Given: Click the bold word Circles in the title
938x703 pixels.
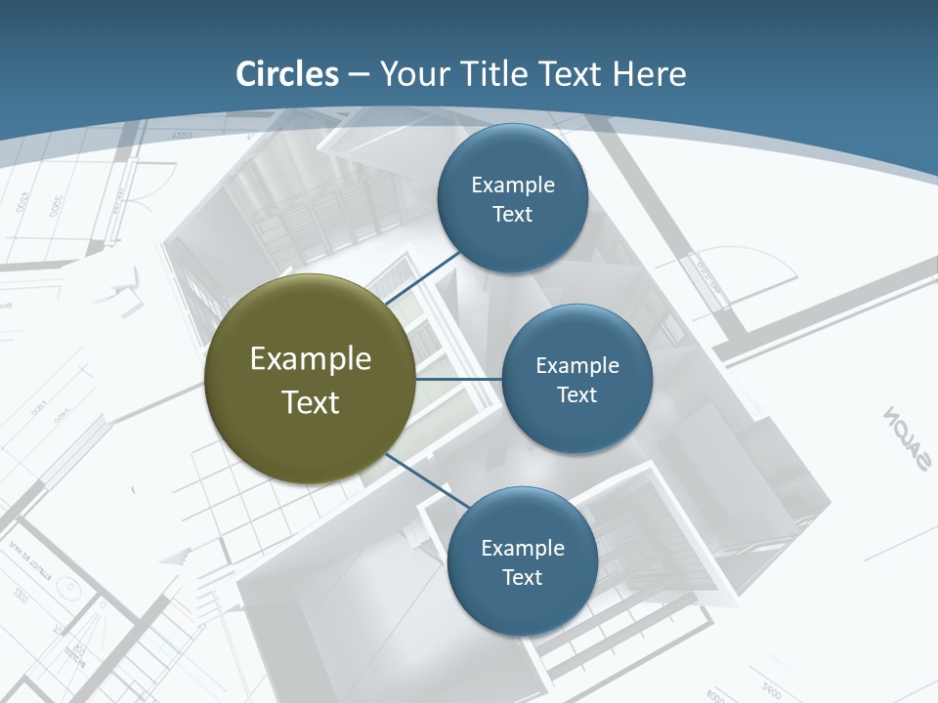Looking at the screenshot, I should coord(287,74).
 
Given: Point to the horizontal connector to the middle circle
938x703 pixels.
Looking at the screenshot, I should coord(459,379).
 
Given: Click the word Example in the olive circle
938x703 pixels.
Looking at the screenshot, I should coord(311,359).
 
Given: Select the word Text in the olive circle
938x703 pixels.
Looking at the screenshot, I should coord(311,402).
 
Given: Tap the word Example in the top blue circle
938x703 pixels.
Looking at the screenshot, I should coord(513,185).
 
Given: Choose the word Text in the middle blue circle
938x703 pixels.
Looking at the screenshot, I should coord(576,394).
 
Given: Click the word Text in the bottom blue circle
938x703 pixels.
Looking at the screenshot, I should coord(522,577).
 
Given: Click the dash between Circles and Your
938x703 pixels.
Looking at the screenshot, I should coord(359,75).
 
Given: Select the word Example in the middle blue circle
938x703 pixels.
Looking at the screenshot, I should coord(576,365).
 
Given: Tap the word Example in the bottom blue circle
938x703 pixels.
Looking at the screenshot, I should coord(522,548).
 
